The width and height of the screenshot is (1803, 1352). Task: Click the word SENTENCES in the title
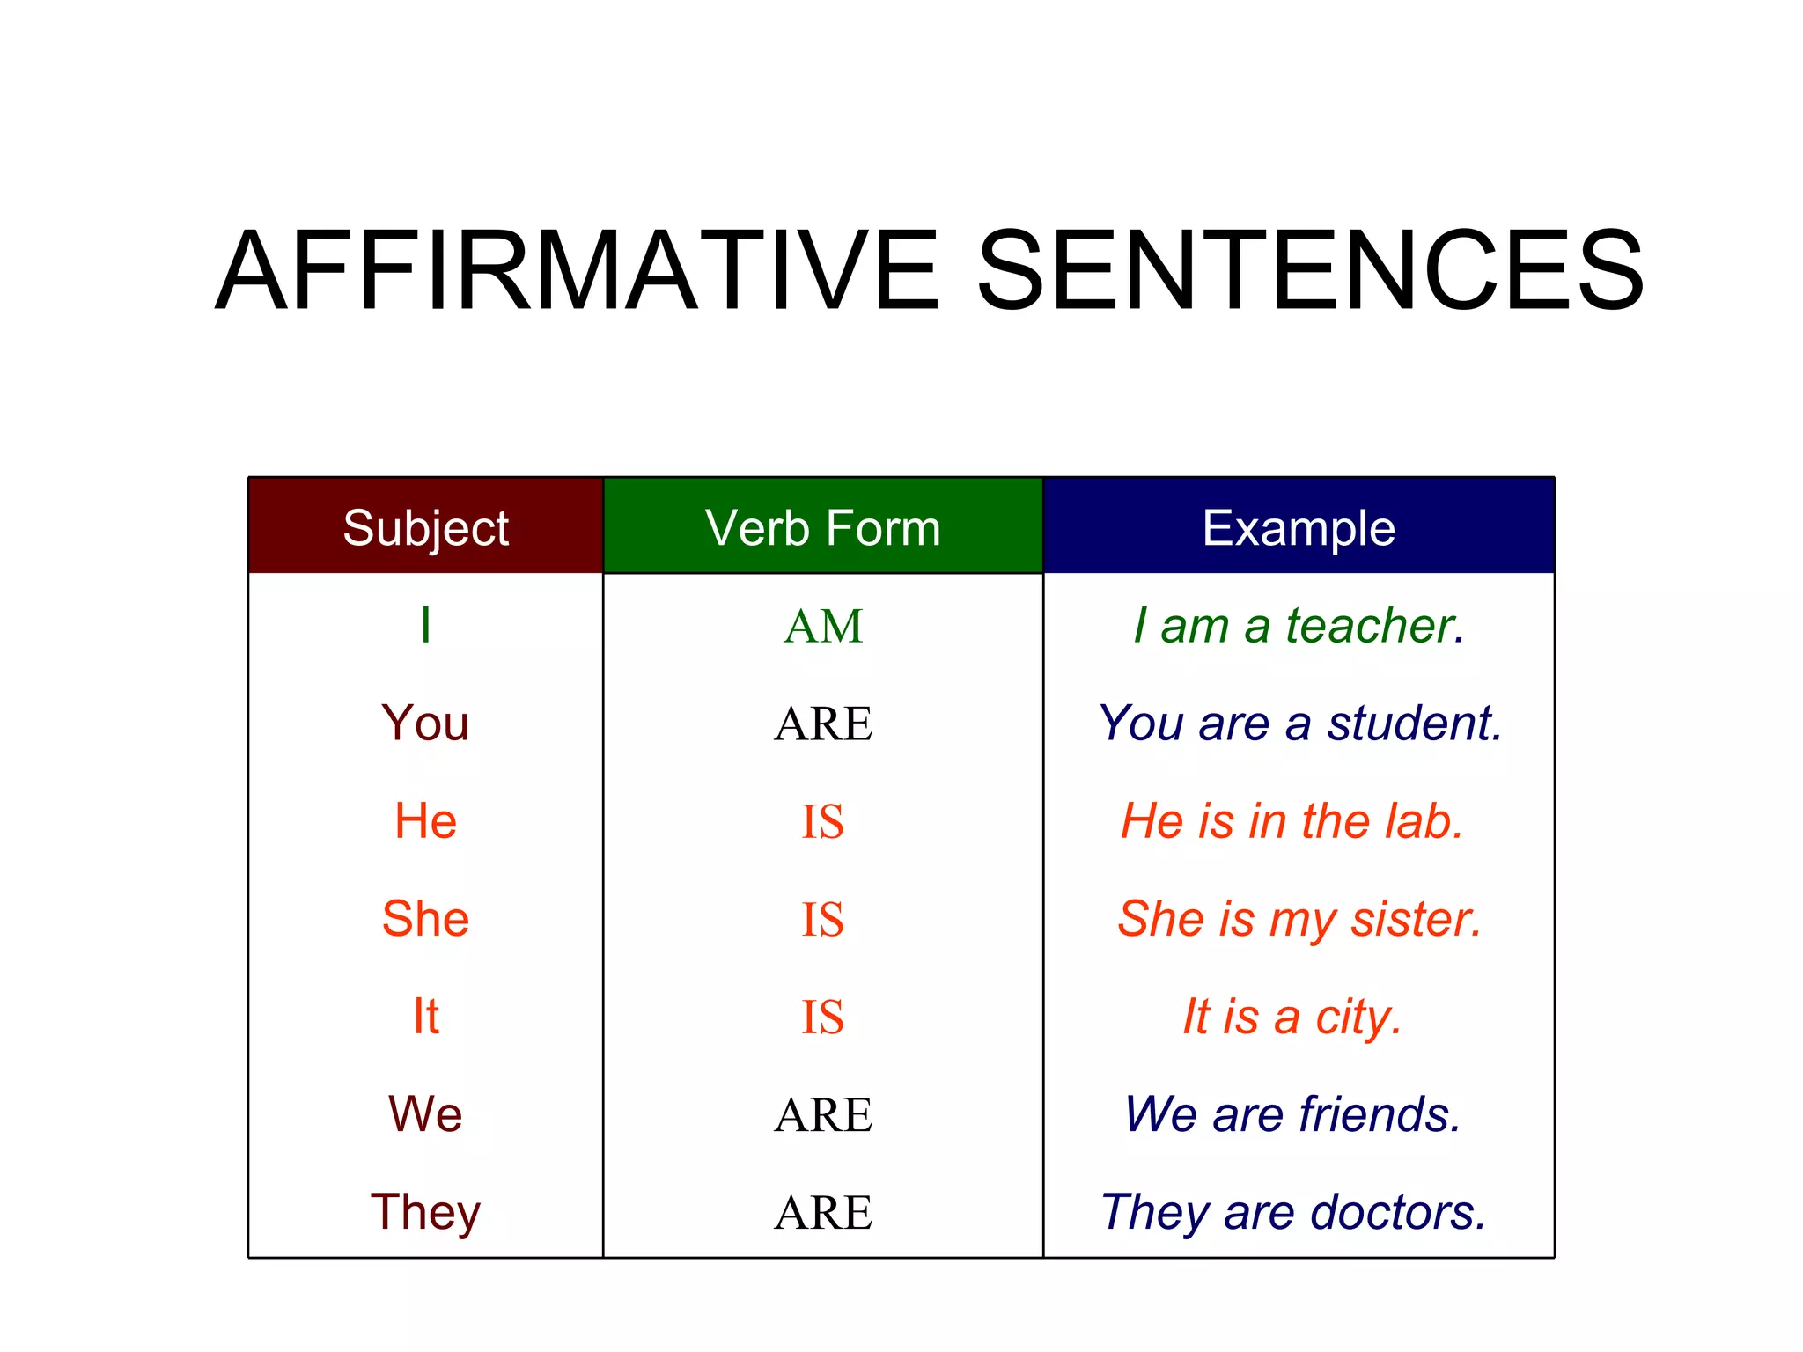(1311, 271)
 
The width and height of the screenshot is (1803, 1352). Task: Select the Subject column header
(426, 528)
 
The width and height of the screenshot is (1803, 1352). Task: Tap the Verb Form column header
(823, 528)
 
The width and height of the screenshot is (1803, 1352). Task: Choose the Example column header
(1299, 528)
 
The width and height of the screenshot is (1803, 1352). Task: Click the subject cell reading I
(426, 626)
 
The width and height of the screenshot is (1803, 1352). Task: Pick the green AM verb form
(823, 627)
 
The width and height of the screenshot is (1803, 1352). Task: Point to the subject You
(425, 724)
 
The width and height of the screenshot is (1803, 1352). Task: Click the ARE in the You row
(823, 724)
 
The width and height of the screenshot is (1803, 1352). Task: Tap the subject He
(425, 821)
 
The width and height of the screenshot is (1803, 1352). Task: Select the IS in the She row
(822, 920)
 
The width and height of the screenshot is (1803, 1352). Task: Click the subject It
(426, 1017)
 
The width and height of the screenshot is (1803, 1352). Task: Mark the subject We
(425, 1114)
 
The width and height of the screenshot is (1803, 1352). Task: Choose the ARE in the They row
(823, 1213)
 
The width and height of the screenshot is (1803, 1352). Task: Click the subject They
(425, 1213)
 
